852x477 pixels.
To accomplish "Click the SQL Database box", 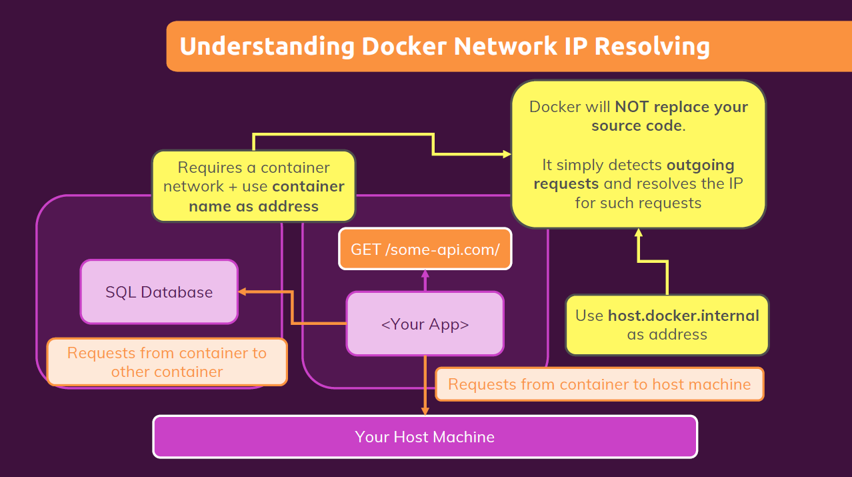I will pos(159,292).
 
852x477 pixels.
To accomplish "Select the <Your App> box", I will pos(425,324).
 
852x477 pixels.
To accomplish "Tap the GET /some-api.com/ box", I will pos(425,249).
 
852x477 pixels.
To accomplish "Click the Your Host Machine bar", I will pos(425,437).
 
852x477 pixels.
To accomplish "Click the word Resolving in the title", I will pos(651,47).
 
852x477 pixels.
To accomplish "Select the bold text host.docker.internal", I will pos(683,316).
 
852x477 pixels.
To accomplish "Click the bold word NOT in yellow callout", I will pos(632,107).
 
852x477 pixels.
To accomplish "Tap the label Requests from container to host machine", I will pos(599,384).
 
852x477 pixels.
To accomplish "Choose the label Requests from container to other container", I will pos(167,362).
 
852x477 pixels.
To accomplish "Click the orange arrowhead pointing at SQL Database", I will pos(243,292).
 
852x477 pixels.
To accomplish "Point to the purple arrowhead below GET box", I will pos(425,274).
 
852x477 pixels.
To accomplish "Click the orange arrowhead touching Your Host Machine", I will pos(425,411).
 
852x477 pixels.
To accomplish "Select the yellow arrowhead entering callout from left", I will pos(506,154).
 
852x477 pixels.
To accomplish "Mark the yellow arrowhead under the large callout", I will pos(638,233).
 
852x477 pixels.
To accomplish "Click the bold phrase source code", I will pos(636,125).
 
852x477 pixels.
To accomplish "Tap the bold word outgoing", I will pos(700,165).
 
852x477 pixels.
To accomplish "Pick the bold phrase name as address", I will pos(253,206).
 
